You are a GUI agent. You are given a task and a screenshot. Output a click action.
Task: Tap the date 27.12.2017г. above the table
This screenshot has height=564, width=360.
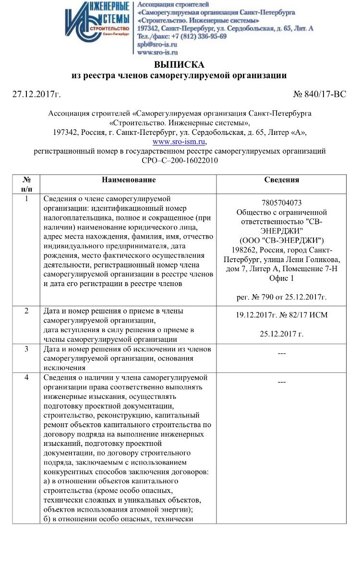[x=36, y=94]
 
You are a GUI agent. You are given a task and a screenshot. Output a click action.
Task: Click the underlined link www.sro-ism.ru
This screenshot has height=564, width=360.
[x=179, y=142]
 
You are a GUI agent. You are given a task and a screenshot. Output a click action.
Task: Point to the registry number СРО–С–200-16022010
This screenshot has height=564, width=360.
[x=180, y=161]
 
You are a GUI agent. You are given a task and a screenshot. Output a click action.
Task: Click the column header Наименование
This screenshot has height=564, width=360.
[x=128, y=180]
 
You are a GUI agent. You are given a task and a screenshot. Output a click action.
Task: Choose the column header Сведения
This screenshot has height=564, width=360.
[x=281, y=180]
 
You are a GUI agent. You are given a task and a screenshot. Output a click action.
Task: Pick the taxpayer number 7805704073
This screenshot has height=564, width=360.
[x=282, y=203]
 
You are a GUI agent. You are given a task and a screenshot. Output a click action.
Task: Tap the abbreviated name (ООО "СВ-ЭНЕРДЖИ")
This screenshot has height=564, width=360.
[x=282, y=240]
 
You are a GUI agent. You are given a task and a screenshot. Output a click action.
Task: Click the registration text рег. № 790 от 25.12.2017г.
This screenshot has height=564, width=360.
[x=282, y=297]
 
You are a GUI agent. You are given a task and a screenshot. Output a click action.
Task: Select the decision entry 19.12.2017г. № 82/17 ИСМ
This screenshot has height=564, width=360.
[x=282, y=315]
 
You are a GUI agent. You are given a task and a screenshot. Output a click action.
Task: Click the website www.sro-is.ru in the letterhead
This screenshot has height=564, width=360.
[x=158, y=52]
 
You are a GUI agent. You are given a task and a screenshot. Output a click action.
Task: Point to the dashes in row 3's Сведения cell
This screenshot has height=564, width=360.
[x=282, y=354]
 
